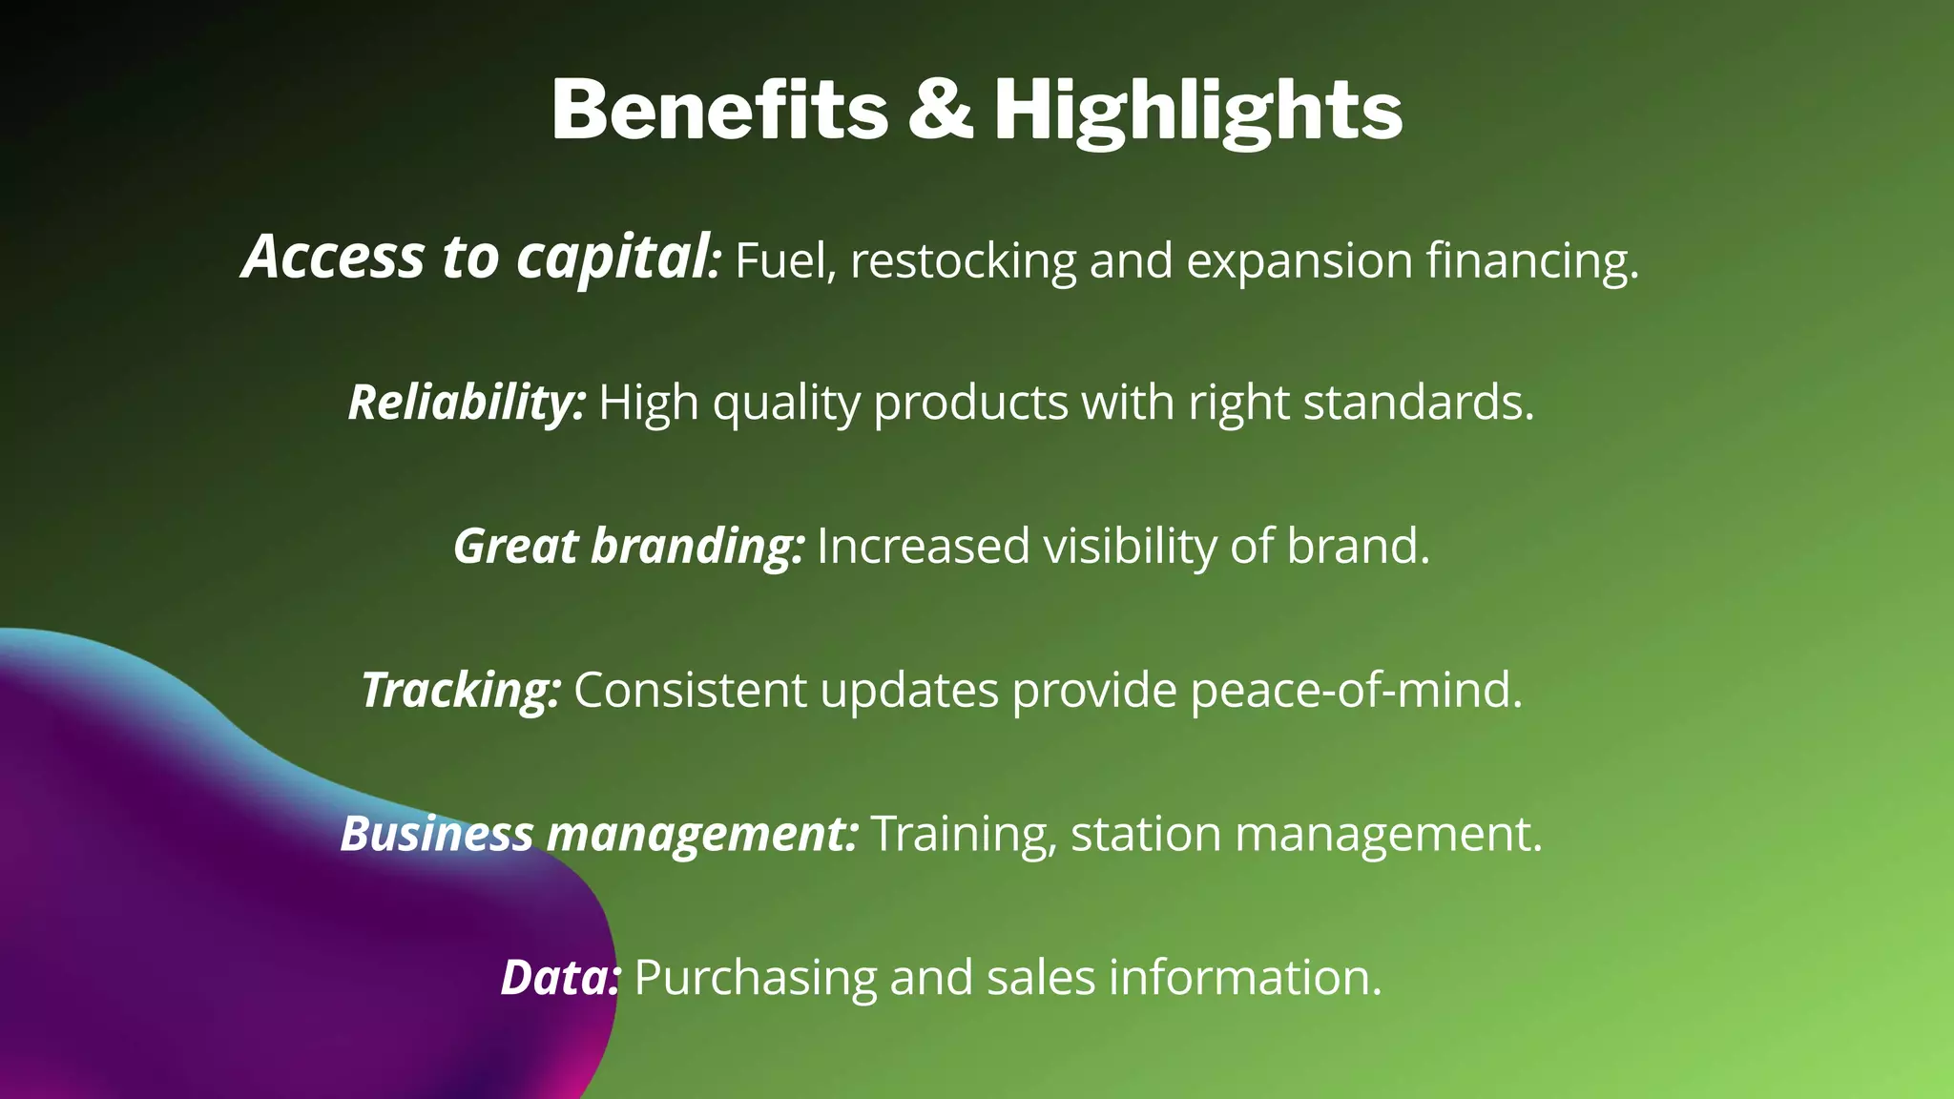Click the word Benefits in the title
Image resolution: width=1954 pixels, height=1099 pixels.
point(719,110)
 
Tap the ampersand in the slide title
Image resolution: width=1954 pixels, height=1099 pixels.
point(940,110)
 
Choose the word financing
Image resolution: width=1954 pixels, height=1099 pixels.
point(1531,260)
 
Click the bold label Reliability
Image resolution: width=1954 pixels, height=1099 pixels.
point(466,403)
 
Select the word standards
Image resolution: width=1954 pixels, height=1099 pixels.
point(1418,403)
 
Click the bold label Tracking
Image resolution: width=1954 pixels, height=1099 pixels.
point(460,691)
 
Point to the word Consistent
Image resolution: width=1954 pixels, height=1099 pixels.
point(690,690)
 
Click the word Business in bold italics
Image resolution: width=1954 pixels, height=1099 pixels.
point(436,834)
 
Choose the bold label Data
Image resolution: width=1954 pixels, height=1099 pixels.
point(560,978)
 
